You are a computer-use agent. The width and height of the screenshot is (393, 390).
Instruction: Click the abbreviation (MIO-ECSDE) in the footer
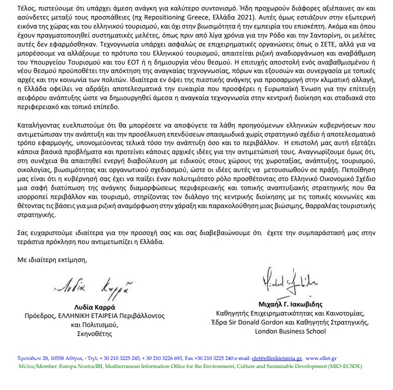point(344,366)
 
